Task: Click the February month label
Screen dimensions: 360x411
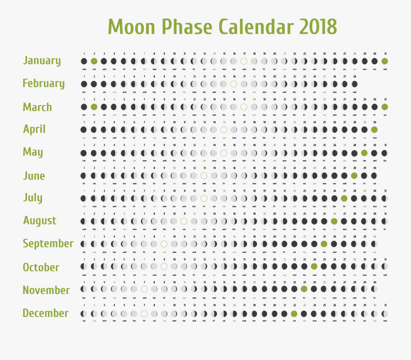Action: point(43,83)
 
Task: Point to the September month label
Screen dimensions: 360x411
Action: point(48,244)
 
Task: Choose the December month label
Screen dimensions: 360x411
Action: point(45,313)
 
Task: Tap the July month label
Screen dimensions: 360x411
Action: point(33,198)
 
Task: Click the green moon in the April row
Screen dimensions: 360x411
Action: point(374,130)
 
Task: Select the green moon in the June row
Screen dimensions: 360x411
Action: point(354,175)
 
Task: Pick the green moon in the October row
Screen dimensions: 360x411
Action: point(314,266)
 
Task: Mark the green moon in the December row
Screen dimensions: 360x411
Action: point(294,313)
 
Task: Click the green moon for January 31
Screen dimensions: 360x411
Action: point(385,61)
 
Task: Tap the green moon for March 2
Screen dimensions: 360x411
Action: point(94,107)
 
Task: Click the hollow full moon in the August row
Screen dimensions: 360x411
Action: point(184,221)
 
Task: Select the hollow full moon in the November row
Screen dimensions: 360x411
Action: point(144,289)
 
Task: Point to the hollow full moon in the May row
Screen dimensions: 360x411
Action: point(224,153)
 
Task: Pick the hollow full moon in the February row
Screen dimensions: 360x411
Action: point(234,84)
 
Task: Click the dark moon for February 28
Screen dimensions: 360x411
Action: point(354,84)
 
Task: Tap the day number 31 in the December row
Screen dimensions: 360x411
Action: point(385,305)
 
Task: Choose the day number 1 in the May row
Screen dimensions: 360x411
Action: point(84,145)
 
